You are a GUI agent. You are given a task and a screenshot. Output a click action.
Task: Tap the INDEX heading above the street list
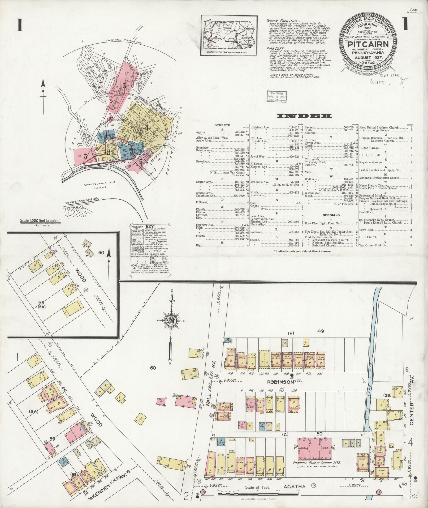304,116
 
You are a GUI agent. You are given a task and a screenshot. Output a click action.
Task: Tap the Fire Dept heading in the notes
275,49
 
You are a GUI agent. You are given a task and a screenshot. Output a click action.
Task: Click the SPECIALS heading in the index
331,215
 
